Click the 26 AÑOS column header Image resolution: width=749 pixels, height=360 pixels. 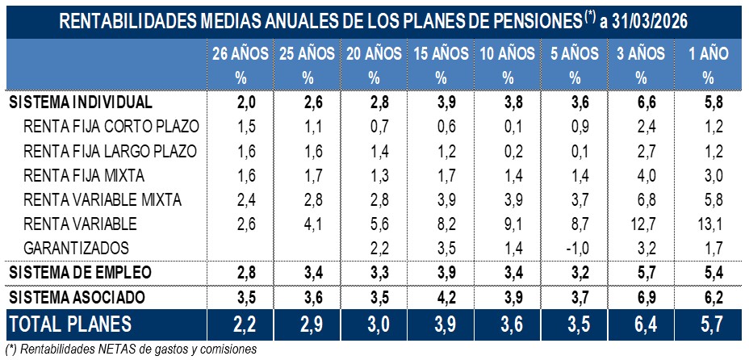[x=240, y=55]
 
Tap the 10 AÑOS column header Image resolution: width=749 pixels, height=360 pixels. [x=507, y=55]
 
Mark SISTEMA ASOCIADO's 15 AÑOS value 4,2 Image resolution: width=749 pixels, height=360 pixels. [x=441, y=296]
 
